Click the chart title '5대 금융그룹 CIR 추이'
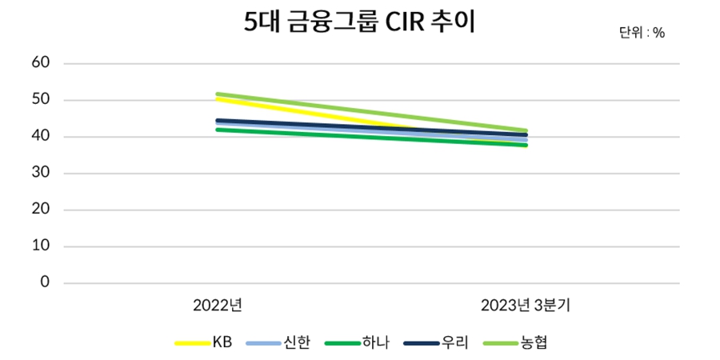[x=360, y=22]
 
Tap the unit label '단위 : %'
[x=642, y=33]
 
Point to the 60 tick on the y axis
[x=41, y=63]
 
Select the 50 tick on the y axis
[x=41, y=100]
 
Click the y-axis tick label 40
[x=41, y=137]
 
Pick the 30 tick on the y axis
[x=41, y=174]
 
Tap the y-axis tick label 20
[x=41, y=210]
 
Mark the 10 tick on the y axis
[x=41, y=246]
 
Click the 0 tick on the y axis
[x=45, y=283]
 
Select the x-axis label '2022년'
[x=218, y=305]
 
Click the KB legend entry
[x=204, y=343]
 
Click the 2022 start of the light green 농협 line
[x=218, y=94]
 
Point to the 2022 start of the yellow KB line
[x=218, y=99]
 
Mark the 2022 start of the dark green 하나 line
[x=218, y=129]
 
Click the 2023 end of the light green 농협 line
[x=526, y=130]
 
